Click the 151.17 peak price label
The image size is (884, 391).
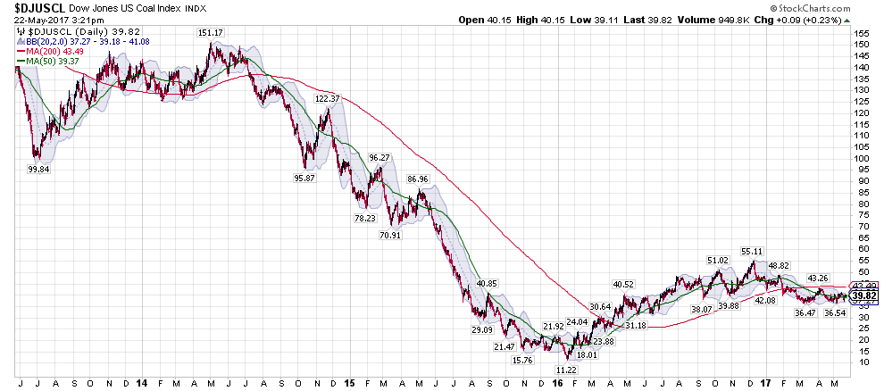click(x=211, y=32)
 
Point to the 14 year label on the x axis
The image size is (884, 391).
click(x=142, y=382)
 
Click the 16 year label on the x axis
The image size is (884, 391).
click(x=557, y=382)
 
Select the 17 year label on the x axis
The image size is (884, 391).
click(x=765, y=382)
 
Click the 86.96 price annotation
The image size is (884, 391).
click(x=416, y=179)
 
